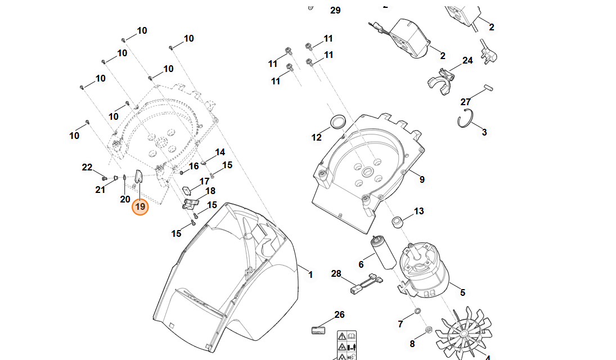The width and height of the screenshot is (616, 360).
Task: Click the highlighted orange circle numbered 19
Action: pyautogui.click(x=140, y=207)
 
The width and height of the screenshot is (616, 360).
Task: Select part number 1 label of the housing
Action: pyautogui.click(x=310, y=275)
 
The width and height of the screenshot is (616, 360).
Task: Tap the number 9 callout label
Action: pyautogui.click(x=421, y=180)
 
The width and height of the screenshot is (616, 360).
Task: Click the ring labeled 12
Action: pyautogui.click(x=338, y=121)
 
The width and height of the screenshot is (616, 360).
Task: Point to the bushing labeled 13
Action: pyautogui.click(x=398, y=222)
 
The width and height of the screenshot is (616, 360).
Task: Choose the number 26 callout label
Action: pyautogui.click(x=339, y=315)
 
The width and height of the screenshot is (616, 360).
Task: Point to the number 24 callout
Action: pyautogui.click(x=467, y=60)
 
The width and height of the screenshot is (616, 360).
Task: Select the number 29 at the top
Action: pyautogui.click(x=335, y=10)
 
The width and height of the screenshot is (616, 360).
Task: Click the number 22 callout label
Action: pyautogui.click(x=87, y=167)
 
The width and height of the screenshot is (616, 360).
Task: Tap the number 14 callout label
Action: pyautogui.click(x=219, y=152)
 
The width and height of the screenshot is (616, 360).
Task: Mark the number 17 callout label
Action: pyautogui.click(x=204, y=181)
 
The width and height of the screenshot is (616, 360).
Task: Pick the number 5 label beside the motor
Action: pyautogui.click(x=462, y=292)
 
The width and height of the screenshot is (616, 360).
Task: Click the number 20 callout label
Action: pyautogui.click(x=125, y=199)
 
